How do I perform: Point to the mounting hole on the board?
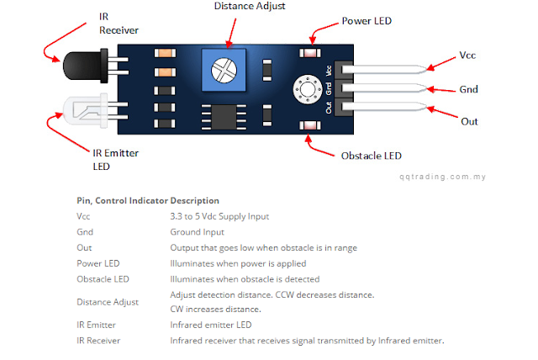click(301, 88)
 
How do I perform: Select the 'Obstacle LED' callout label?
click(371, 156)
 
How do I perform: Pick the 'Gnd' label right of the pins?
click(468, 88)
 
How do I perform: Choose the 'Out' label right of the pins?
click(469, 121)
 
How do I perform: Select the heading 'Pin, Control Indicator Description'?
click(147, 201)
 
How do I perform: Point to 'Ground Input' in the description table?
click(197, 232)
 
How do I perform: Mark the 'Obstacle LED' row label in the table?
click(103, 278)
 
